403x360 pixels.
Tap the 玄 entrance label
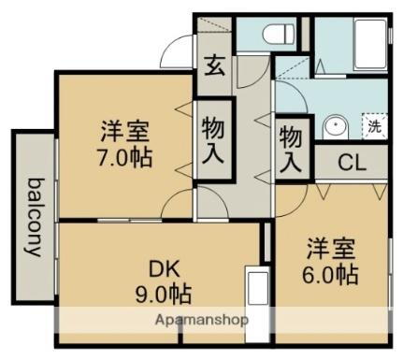coord(215,68)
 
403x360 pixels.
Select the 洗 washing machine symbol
coord(371,125)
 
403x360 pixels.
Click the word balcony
coord(36,216)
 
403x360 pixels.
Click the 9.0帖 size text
coord(161,294)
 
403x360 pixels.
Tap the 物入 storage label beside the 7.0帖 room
coord(213,142)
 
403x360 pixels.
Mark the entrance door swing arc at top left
coord(179,53)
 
